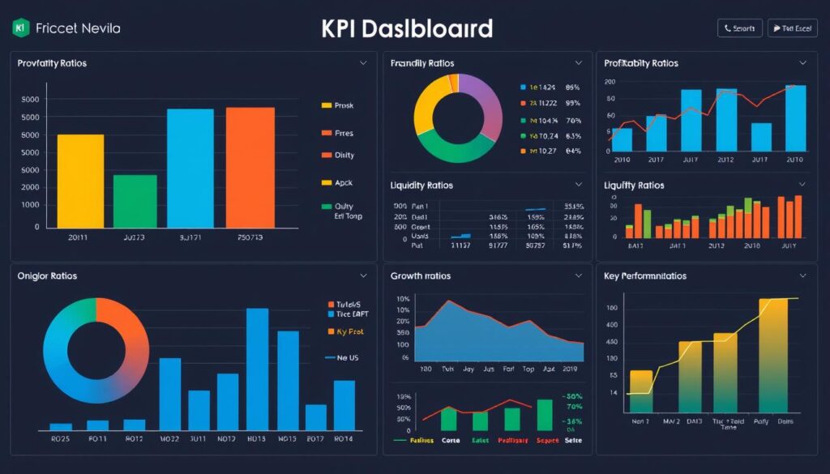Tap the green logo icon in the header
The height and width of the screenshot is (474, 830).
click(21, 28)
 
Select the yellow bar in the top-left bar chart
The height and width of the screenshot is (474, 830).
click(80, 181)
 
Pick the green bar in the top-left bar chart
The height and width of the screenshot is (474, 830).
click(135, 201)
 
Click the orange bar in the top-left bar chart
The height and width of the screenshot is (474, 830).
click(250, 168)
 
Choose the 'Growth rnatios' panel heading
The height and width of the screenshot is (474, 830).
click(421, 276)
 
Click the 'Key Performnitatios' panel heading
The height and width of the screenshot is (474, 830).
click(645, 276)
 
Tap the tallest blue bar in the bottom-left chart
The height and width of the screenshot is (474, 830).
click(257, 369)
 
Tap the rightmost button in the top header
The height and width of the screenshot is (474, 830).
click(791, 28)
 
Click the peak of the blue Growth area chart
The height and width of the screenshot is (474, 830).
click(447, 301)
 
